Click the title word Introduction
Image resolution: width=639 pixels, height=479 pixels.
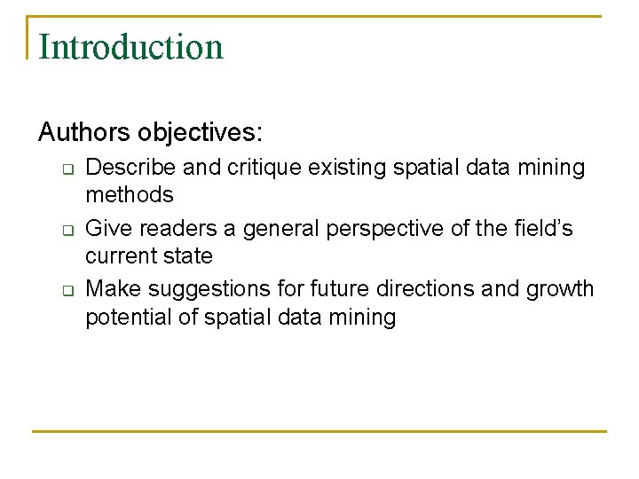point(131,47)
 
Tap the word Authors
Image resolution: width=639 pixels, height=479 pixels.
point(84,133)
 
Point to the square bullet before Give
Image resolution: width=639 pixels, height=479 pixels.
point(65,231)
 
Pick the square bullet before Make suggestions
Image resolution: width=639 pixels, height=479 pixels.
point(65,291)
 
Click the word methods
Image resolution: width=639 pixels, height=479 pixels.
point(129,194)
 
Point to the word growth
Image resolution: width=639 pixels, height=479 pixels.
point(563,289)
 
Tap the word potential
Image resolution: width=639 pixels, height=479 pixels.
point(128,317)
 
